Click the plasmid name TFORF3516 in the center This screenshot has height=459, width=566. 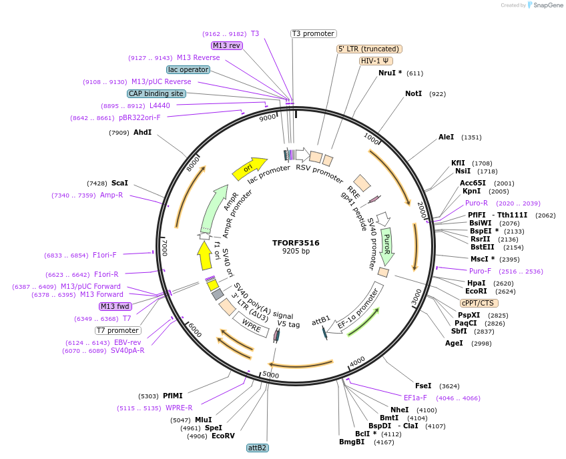coord(296,243)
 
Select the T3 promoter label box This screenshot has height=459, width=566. coord(314,33)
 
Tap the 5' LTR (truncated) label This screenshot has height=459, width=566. coord(369,49)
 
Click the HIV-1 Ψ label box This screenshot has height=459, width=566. coord(376,61)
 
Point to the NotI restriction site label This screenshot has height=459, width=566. coord(414,94)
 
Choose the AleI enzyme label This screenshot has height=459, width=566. coord(446,137)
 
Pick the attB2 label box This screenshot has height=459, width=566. coord(257,448)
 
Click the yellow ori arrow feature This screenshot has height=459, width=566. coord(249,169)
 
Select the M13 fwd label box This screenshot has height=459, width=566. coord(115,306)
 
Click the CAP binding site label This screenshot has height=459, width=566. coord(156,94)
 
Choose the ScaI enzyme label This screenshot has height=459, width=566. coord(120,183)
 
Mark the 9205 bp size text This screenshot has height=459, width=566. coord(296,252)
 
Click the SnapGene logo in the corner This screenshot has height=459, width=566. coord(545,5)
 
